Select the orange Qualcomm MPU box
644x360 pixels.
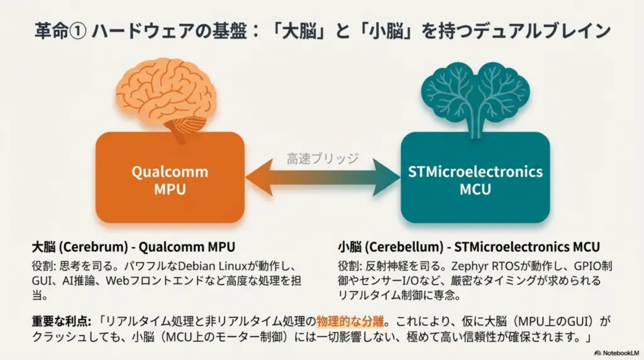coord(170,180)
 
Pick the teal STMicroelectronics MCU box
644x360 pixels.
coord(475,180)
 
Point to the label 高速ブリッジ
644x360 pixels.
coord(323,158)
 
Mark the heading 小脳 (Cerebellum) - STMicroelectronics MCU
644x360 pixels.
coord(469,247)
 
